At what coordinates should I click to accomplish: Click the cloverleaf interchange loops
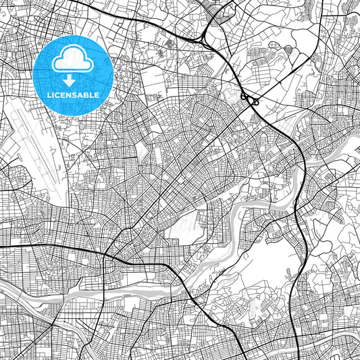(251, 100)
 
